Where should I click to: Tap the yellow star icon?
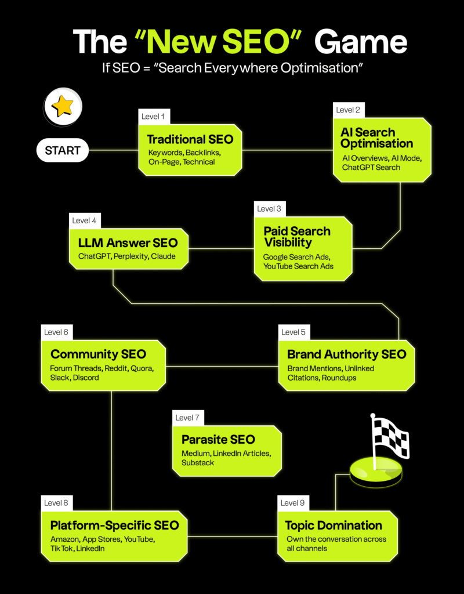click(x=63, y=107)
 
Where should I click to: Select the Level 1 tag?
click(x=153, y=117)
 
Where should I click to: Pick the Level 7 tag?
click(x=188, y=418)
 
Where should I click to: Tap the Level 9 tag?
click(x=293, y=503)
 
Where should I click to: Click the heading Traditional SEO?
click(x=190, y=139)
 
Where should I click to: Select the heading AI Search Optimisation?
click(x=376, y=137)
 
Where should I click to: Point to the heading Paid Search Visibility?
click(x=297, y=237)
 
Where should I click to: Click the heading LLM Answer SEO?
click(x=128, y=243)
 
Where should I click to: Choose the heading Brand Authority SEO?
click(x=347, y=354)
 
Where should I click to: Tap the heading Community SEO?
click(x=99, y=354)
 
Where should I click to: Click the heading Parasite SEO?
click(x=218, y=439)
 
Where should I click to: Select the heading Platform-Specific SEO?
click(x=115, y=526)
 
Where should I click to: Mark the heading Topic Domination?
click(x=333, y=526)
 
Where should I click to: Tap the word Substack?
click(x=198, y=463)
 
